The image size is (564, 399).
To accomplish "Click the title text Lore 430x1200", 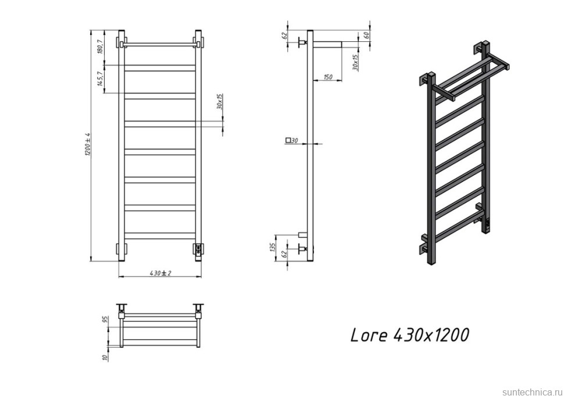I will click(x=409, y=336).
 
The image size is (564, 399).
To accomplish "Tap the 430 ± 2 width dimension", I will click(x=159, y=272).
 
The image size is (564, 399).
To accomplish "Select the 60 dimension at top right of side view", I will click(x=367, y=35).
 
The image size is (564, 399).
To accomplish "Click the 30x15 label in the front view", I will click(x=219, y=102).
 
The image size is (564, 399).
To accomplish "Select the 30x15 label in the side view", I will click(x=355, y=62).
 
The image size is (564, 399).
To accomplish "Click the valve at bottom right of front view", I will click(x=198, y=249).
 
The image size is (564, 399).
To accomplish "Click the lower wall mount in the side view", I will click(x=301, y=249).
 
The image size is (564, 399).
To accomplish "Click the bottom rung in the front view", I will click(x=159, y=236).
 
